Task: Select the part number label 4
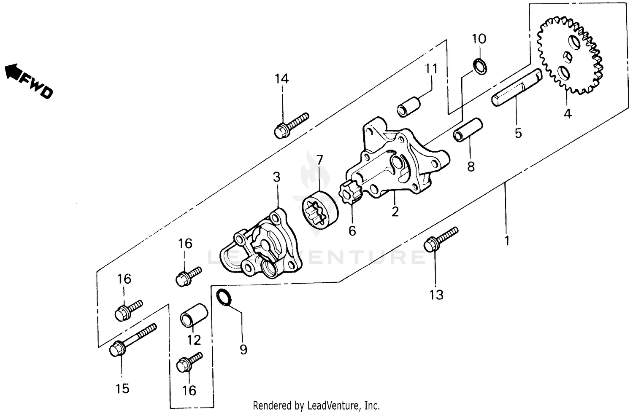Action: click(x=568, y=114)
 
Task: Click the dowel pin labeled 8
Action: click(x=468, y=129)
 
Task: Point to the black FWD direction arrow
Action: click(x=13, y=72)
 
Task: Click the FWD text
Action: click(x=37, y=86)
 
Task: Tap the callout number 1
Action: click(x=507, y=241)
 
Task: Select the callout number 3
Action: click(x=276, y=177)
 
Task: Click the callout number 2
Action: click(x=395, y=212)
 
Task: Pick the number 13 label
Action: click(x=436, y=295)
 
